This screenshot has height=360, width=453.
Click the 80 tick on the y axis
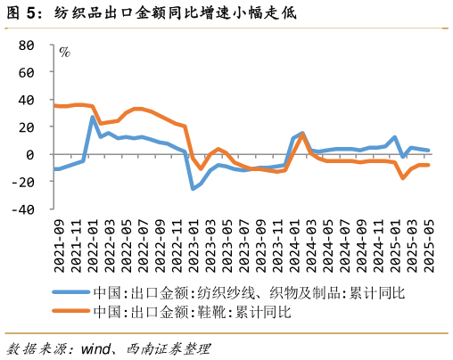27,45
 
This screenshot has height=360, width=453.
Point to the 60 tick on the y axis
27,72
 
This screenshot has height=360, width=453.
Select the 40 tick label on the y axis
27,100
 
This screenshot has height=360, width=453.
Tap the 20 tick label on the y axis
27,127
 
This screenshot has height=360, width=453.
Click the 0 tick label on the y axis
30,155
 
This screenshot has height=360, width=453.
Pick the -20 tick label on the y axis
23,183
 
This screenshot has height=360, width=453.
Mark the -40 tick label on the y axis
23,210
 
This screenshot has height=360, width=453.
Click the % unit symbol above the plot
64,51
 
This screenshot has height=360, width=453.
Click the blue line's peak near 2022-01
93,117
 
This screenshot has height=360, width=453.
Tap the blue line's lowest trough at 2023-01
193,189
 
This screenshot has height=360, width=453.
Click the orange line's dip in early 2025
403,177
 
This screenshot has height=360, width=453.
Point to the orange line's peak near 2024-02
302,135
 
